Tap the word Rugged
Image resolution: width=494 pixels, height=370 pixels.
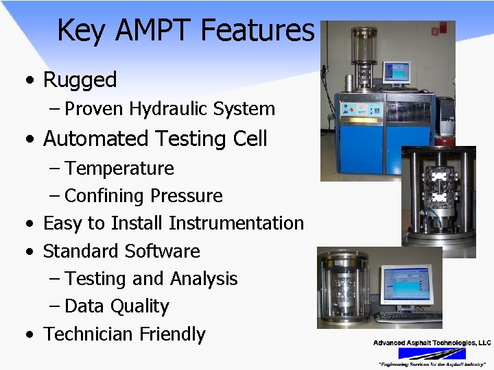tap(80, 79)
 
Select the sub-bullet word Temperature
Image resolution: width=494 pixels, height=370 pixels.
tap(119, 169)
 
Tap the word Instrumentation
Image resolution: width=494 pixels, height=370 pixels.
tap(236, 223)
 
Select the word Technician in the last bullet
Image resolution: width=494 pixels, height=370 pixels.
tap(88, 334)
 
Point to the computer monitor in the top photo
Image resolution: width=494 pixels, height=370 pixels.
tap(396, 71)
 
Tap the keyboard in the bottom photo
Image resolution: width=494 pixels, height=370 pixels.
tap(409, 317)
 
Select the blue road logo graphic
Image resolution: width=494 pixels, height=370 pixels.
tap(432, 353)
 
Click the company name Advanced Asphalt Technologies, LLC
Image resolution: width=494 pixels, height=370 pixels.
tap(432, 343)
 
